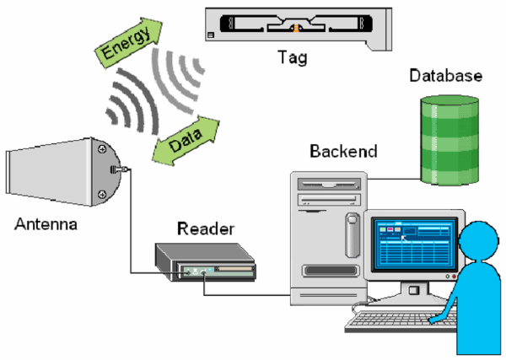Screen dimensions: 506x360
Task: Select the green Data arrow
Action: click(186, 141)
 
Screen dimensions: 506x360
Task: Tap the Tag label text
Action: click(293, 58)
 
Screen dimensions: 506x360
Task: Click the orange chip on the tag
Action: click(296, 28)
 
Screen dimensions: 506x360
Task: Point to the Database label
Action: click(445, 76)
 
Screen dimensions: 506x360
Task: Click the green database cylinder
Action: click(449, 140)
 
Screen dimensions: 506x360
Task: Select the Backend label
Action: click(343, 151)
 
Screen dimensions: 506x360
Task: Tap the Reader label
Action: click(206, 228)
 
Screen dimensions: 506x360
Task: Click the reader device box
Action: click(205, 262)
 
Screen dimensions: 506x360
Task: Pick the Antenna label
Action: click(46, 224)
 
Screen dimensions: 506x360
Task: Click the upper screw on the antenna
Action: click(102, 149)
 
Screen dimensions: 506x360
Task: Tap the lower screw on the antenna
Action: click(102, 194)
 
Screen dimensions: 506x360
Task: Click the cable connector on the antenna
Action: click(119, 169)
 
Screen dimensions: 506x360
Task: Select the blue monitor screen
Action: click(414, 244)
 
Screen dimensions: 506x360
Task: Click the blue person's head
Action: click(478, 239)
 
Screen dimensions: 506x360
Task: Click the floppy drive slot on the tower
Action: click(329, 184)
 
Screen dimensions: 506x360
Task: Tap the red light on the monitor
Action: click(455, 277)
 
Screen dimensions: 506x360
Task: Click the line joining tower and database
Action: click(394, 179)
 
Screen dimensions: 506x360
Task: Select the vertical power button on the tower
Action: click(353, 235)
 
